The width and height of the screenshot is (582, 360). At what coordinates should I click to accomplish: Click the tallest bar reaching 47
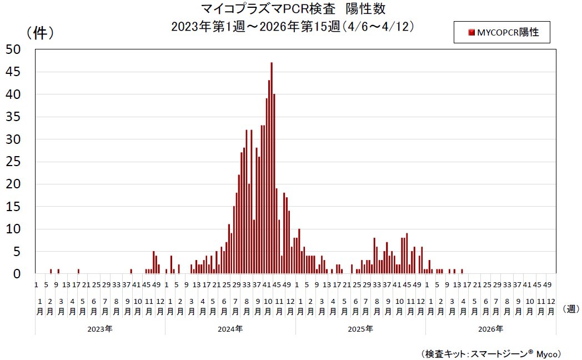pos(272,167)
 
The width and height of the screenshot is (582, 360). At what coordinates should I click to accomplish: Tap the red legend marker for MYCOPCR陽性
pos(471,33)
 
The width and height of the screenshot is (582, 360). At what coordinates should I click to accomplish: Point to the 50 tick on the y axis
pos(13,49)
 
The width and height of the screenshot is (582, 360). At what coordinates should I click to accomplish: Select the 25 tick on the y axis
pos(13,162)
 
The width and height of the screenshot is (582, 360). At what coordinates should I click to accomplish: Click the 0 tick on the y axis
pos(17,274)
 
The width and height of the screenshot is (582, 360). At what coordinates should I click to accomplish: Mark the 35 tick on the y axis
pos(13,117)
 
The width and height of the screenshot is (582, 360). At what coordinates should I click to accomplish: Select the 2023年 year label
pos(100,329)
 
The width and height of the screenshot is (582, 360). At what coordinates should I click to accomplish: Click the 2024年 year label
pos(230,329)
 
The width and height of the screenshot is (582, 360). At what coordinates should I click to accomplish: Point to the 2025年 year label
pos(360,329)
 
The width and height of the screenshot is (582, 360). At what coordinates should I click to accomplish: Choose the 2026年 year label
pos(490,329)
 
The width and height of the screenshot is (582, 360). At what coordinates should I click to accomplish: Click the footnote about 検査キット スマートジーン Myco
pos(492,353)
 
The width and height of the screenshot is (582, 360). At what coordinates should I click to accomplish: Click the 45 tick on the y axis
pos(13,72)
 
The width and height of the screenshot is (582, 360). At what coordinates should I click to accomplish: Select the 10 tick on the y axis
pos(13,229)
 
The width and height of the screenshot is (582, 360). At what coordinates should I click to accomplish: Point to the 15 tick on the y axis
pos(13,207)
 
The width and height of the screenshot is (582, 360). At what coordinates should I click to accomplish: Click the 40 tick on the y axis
pos(13,94)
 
